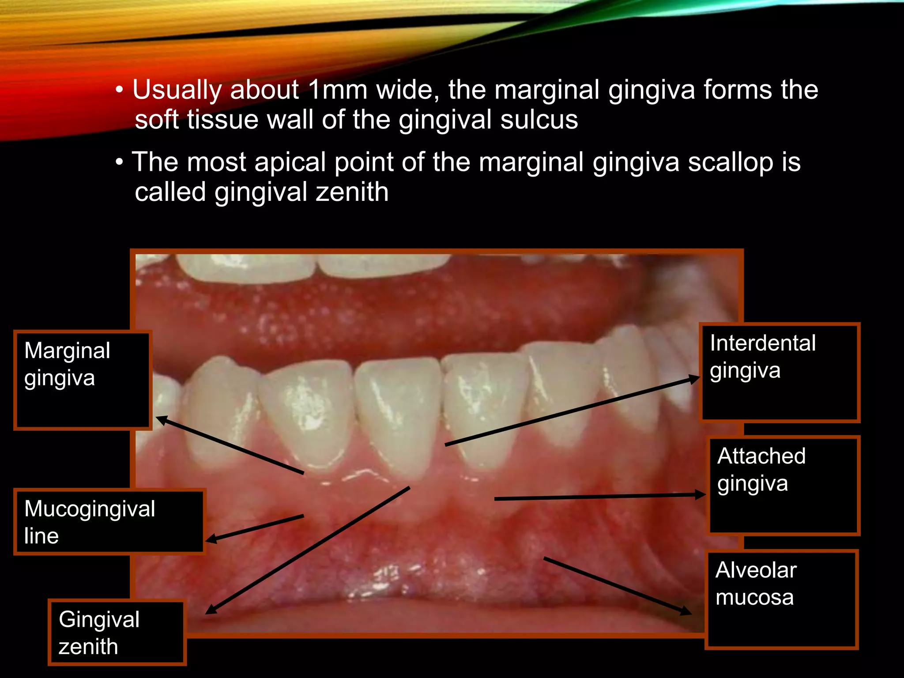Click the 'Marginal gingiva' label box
(83, 380)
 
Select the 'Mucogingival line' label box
(109, 522)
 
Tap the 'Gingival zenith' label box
(117, 632)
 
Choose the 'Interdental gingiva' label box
(780, 373)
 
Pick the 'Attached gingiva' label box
(783, 486)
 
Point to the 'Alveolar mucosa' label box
(781, 599)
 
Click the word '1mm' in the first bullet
(338, 90)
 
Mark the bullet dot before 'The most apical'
(119, 162)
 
